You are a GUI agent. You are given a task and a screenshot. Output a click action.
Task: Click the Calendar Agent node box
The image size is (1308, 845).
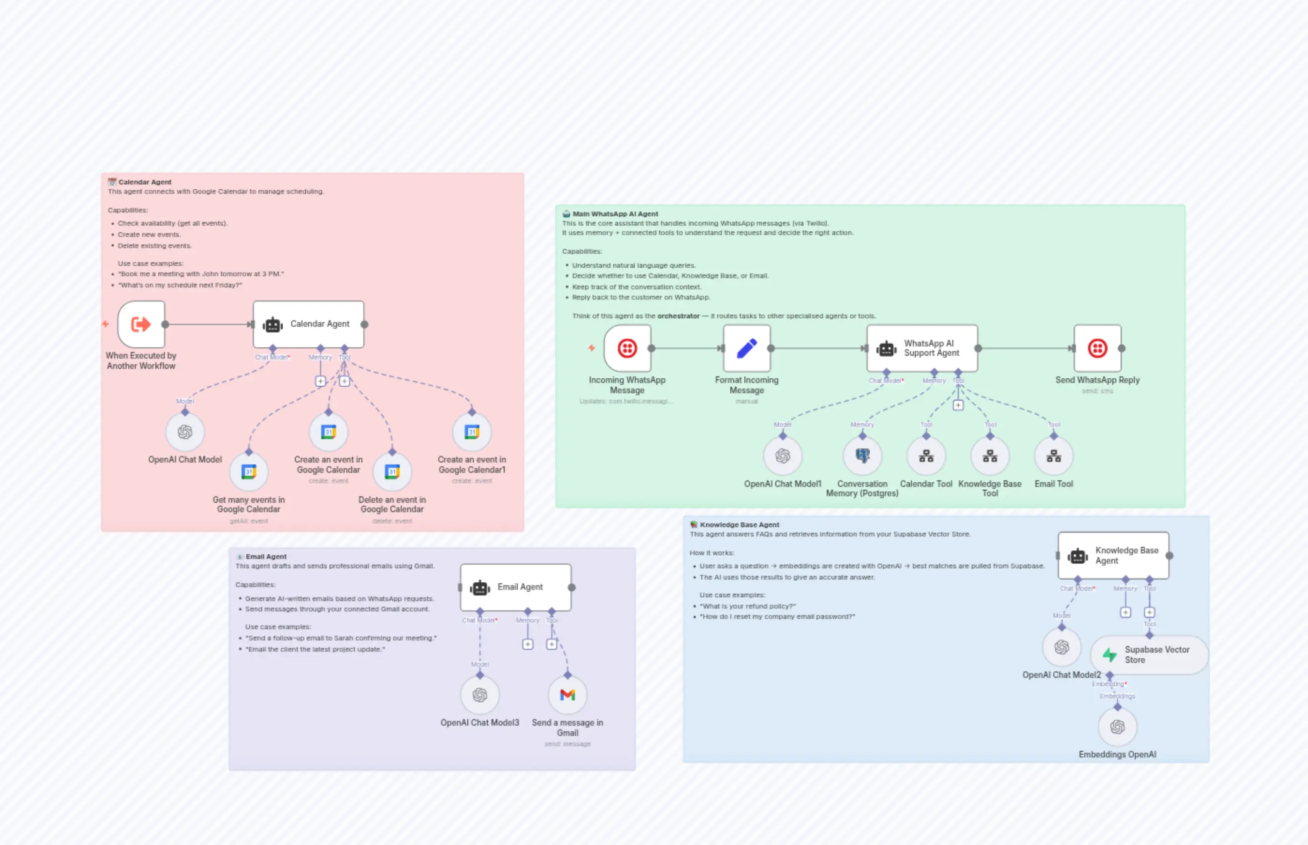pyautogui.click(x=309, y=324)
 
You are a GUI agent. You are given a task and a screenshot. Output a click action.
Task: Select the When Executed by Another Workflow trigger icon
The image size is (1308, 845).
pyautogui.click(x=141, y=324)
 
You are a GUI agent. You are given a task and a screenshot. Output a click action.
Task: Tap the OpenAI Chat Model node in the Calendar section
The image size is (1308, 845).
pyautogui.click(x=185, y=433)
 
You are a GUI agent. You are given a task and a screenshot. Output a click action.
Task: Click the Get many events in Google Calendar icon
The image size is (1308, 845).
pyautogui.click(x=249, y=472)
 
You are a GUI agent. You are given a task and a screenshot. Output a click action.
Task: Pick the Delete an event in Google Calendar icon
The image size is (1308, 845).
pyautogui.click(x=392, y=472)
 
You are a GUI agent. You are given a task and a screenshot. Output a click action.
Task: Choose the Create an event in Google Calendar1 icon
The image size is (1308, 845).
pyautogui.click(x=472, y=433)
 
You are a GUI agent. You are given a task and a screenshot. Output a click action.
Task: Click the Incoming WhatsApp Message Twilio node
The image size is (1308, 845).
pyautogui.click(x=627, y=348)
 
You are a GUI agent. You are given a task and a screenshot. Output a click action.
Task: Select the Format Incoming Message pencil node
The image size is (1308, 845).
pyautogui.click(x=747, y=348)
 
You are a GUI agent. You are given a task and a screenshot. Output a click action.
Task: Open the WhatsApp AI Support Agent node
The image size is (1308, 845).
pyautogui.click(x=922, y=348)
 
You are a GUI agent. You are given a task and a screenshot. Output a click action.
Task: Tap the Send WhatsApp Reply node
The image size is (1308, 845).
pyautogui.click(x=1097, y=348)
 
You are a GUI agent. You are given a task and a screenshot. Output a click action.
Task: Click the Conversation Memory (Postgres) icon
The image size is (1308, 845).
pyautogui.click(x=862, y=456)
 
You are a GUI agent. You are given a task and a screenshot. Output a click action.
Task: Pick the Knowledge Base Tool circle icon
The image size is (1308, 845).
pyautogui.click(x=990, y=456)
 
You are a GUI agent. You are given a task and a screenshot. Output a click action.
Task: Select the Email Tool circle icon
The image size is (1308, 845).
pyautogui.click(x=1053, y=456)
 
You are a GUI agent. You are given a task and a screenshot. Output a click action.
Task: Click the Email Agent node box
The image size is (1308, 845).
pyautogui.click(x=516, y=587)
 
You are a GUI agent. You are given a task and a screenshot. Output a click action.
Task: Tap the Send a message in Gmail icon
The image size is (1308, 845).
pyautogui.click(x=567, y=695)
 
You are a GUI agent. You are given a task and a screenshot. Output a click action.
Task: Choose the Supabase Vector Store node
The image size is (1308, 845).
pyautogui.click(x=1149, y=654)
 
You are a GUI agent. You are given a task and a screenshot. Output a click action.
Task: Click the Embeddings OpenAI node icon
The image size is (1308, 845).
pyautogui.click(x=1117, y=727)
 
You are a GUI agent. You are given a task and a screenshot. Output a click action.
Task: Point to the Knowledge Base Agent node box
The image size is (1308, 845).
pyautogui.click(x=1113, y=555)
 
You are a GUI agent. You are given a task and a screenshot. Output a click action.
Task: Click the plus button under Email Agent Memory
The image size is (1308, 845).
pyautogui.click(x=528, y=644)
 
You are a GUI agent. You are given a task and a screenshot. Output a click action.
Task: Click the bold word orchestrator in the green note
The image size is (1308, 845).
pyautogui.click(x=678, y=316)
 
